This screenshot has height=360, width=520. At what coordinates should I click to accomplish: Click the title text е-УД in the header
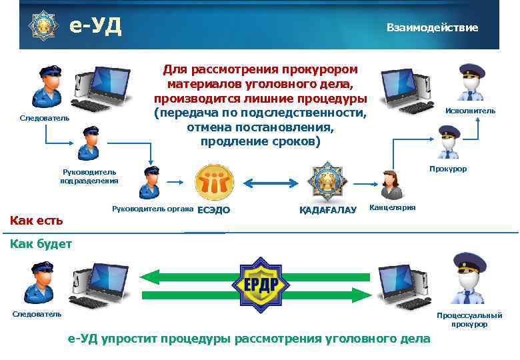click(95, 26)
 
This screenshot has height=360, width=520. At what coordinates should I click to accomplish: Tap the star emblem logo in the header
click(42, 25)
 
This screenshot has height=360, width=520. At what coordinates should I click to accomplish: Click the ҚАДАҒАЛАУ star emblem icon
click(326, 181)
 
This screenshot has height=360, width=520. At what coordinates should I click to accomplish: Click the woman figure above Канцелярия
click(390, 183)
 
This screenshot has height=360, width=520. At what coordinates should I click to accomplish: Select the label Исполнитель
click(470, 111)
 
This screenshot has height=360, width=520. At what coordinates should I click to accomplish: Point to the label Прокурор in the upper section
click(448, 169)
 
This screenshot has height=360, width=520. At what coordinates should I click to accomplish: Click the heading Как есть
click(35, 220)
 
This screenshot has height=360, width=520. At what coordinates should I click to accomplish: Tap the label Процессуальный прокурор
click(469, 319)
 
